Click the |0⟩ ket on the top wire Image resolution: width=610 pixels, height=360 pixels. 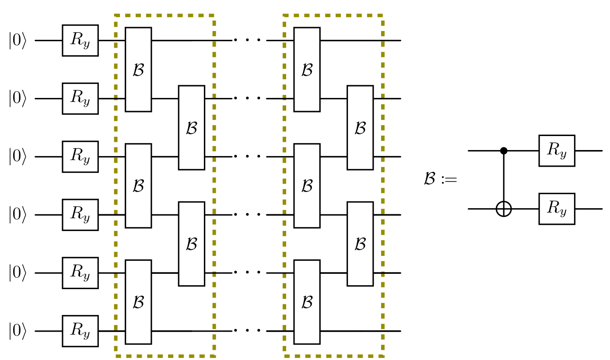click(18, 41)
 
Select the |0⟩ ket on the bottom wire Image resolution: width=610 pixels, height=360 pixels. click(18, 331)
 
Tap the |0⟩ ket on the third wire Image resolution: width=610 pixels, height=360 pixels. click(18, 157)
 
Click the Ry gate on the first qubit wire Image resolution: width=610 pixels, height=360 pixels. click(81, 41)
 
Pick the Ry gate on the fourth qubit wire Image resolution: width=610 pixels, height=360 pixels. click(81, 215)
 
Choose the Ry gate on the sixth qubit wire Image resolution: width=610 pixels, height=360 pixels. click(81, 331)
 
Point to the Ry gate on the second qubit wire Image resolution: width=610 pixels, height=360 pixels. click(81, 98)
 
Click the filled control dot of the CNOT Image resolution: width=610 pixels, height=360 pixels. click(504, 150)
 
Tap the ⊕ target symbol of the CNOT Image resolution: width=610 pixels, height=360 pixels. click(504, 209)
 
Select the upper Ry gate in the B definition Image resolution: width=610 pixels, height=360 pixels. click(557, 150)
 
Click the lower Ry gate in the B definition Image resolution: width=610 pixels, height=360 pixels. click(557, 209)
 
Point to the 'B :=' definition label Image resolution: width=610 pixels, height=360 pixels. click(440, 178)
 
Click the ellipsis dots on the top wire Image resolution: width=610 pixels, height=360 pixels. click(247, 40)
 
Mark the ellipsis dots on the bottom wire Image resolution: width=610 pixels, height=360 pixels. click(247, 331)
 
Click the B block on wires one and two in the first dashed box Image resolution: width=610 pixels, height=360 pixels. click(138, 70)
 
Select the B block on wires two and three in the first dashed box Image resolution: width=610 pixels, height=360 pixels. click(191, 128)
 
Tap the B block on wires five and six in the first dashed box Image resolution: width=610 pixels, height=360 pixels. click(138, 302)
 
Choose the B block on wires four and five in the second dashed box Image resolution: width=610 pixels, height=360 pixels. click(360, 244)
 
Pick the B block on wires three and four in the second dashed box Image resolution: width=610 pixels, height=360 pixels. click(307, 186)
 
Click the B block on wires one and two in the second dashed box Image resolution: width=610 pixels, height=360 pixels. click(307, 70)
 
